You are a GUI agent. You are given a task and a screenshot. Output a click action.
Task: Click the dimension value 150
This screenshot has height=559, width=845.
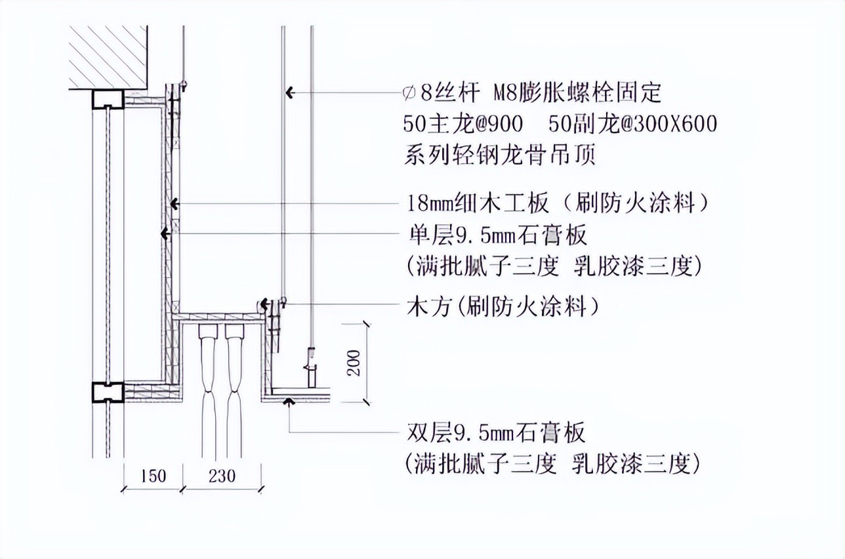point(153,476)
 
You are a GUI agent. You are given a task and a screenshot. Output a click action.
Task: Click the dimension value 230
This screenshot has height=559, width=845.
point(222,476)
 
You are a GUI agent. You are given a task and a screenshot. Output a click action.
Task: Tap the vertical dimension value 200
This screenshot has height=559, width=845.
point(354,362)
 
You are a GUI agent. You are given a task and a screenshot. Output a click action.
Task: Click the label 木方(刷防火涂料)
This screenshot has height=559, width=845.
point(503,306)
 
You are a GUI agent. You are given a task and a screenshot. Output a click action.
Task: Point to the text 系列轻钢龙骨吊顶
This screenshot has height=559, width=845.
point(500,155)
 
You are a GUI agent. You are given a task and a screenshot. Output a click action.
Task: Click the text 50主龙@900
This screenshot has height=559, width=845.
point(463,124)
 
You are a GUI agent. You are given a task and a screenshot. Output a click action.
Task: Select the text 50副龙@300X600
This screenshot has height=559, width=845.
point(633,124)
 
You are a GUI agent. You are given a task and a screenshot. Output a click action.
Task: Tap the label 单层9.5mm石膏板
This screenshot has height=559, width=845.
point(497,235)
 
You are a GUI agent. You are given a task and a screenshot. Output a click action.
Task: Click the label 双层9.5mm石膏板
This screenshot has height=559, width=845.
point(496,432)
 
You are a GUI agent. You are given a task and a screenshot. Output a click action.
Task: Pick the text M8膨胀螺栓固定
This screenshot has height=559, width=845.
point(577,93)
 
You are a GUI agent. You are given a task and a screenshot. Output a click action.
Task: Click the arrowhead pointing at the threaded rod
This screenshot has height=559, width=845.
point(290,93)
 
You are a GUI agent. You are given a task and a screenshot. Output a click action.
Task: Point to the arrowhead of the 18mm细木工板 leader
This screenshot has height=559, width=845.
point(174,204)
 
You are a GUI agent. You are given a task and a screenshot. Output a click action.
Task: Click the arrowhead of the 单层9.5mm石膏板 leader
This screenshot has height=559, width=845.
point(165,234)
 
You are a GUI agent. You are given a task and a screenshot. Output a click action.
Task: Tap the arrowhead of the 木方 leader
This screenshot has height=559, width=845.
point(264,304)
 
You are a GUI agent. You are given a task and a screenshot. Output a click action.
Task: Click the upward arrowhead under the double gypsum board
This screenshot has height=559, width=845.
point(289,401)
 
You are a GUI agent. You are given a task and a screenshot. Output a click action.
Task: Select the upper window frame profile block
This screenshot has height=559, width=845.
point(108,100)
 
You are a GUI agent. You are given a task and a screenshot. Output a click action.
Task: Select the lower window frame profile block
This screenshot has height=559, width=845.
point(108,392)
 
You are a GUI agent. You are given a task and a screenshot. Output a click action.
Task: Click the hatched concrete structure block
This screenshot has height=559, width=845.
point(108,57)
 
